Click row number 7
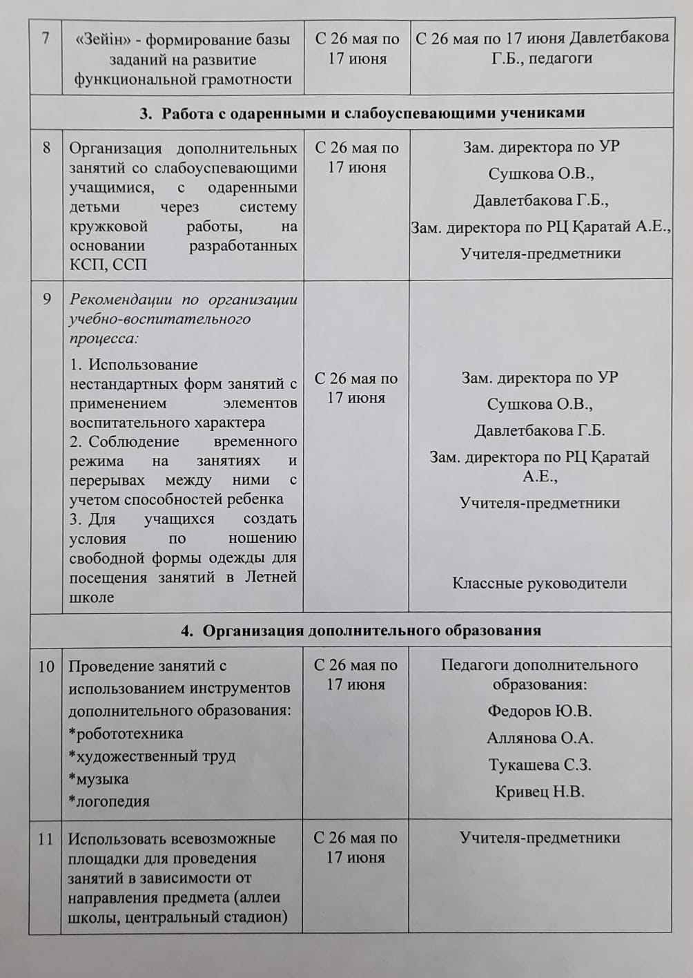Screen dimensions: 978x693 click(46, 39)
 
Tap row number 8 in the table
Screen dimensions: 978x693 click(46, 148)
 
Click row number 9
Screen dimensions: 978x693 click(46, 299)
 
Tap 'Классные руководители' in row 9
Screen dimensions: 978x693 click(539, 583)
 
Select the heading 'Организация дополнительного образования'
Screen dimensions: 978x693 click(371, 630)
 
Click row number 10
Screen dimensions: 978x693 click(46, 667)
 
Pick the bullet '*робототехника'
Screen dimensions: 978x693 click(125, 733)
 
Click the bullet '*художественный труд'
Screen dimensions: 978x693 click(151, 756)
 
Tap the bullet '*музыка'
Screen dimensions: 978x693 click(98, 779)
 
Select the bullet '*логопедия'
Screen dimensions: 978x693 click(108, 802)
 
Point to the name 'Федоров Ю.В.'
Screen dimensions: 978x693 click(539, 711)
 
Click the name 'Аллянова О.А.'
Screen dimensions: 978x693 click(540, 738)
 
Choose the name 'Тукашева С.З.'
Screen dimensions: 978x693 click(540, 765)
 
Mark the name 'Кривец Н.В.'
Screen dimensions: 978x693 click(540, 792)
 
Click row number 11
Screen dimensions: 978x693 click(46, 839)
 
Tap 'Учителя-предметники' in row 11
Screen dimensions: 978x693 click(540, 838)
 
